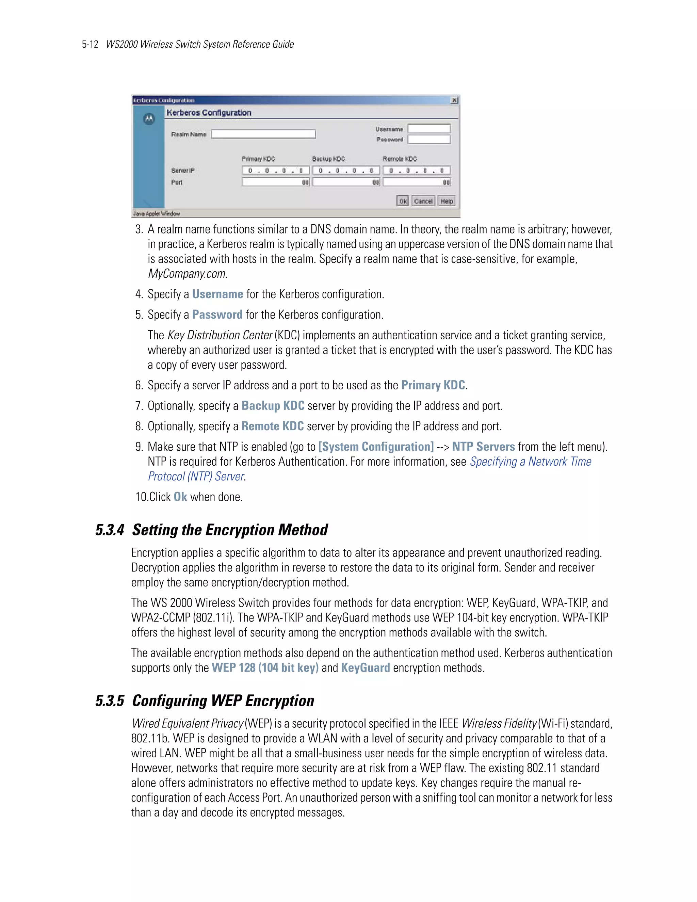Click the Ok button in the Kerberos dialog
[403, 201]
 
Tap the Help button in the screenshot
[447, 201]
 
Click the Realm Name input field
[263, 134]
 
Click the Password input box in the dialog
[429, 140]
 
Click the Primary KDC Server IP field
[275, 171]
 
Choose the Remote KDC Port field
[417, 182]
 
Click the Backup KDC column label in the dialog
[328, 159]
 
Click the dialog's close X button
[454, 100]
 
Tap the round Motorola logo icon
[149, 119]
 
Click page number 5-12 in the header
[90, 45]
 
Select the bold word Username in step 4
[217, 294]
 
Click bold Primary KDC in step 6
[433, 385]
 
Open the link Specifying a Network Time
[531, 462]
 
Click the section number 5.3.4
[110, 530]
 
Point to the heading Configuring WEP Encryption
[223, 701]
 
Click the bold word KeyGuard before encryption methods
[366, 668]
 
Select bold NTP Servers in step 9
[483, 447]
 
